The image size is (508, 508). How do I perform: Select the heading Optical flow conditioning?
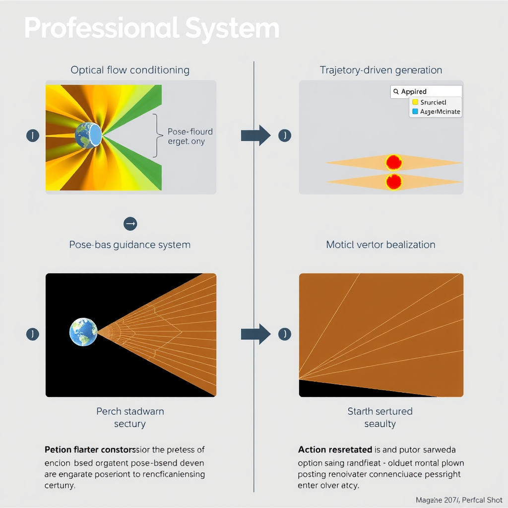(130, 70)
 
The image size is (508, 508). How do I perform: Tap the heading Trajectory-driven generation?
(381, 70)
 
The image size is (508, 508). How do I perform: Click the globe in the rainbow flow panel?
(88, 134)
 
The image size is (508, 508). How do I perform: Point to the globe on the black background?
(83, 332)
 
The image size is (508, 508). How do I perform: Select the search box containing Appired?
(426, 91)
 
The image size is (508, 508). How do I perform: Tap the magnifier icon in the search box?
(396, 92)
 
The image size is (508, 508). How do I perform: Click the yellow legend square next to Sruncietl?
(415, 102)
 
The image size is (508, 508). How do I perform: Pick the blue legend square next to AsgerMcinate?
(415, 112)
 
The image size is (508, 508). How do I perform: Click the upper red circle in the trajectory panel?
(393, 162)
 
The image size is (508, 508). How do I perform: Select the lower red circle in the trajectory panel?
(393, 182)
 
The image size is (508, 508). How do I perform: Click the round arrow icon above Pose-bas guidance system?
(130, 224)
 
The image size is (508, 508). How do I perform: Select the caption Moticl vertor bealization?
(381, 245)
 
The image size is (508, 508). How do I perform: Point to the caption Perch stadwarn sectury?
(130, 417)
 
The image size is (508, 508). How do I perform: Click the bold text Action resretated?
(335, 450)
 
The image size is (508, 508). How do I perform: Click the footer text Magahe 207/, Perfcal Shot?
(458, 500)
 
